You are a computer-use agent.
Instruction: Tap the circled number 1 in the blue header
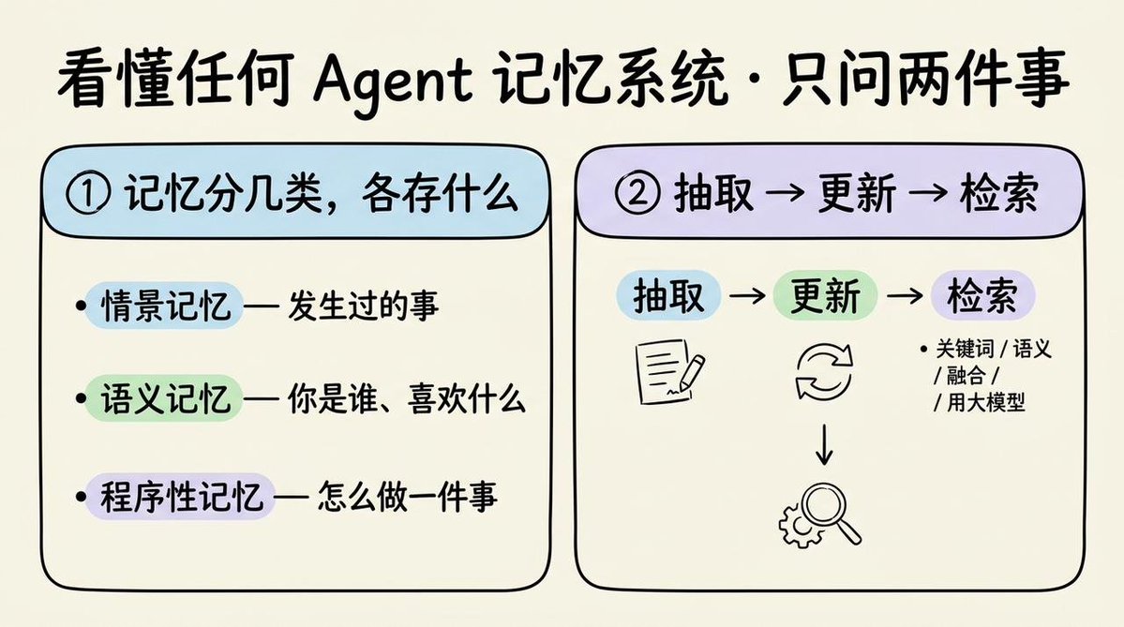[x=88, y=193]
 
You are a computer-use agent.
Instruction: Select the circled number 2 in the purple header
[x=637, y=193]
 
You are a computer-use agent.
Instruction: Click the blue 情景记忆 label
[x=165, y=306]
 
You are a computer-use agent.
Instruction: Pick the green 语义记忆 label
[x=165, y=398]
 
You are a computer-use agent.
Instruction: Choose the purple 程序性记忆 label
[x=181, y=496]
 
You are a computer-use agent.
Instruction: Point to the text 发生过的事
[x=364, y=306]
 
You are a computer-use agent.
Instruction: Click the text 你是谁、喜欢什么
[x=407, y=399]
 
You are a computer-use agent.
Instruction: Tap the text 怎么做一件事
[x=407, y=497]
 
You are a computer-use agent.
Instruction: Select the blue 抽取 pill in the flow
[x=668, y=295]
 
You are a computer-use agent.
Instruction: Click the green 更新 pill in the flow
[x=825, y=295]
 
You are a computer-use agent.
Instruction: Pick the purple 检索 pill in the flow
[x=982, y=295]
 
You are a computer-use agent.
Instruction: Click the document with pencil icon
[x=669, y=372]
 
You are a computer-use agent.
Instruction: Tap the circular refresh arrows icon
[x=824, y=372]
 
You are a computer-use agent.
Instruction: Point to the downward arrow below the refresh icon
[x=824, y=444]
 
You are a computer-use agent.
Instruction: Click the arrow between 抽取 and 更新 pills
[x=747, y=295]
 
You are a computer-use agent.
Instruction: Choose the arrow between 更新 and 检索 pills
[x=905, y=295]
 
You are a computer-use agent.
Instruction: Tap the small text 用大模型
[x=985, y=402]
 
